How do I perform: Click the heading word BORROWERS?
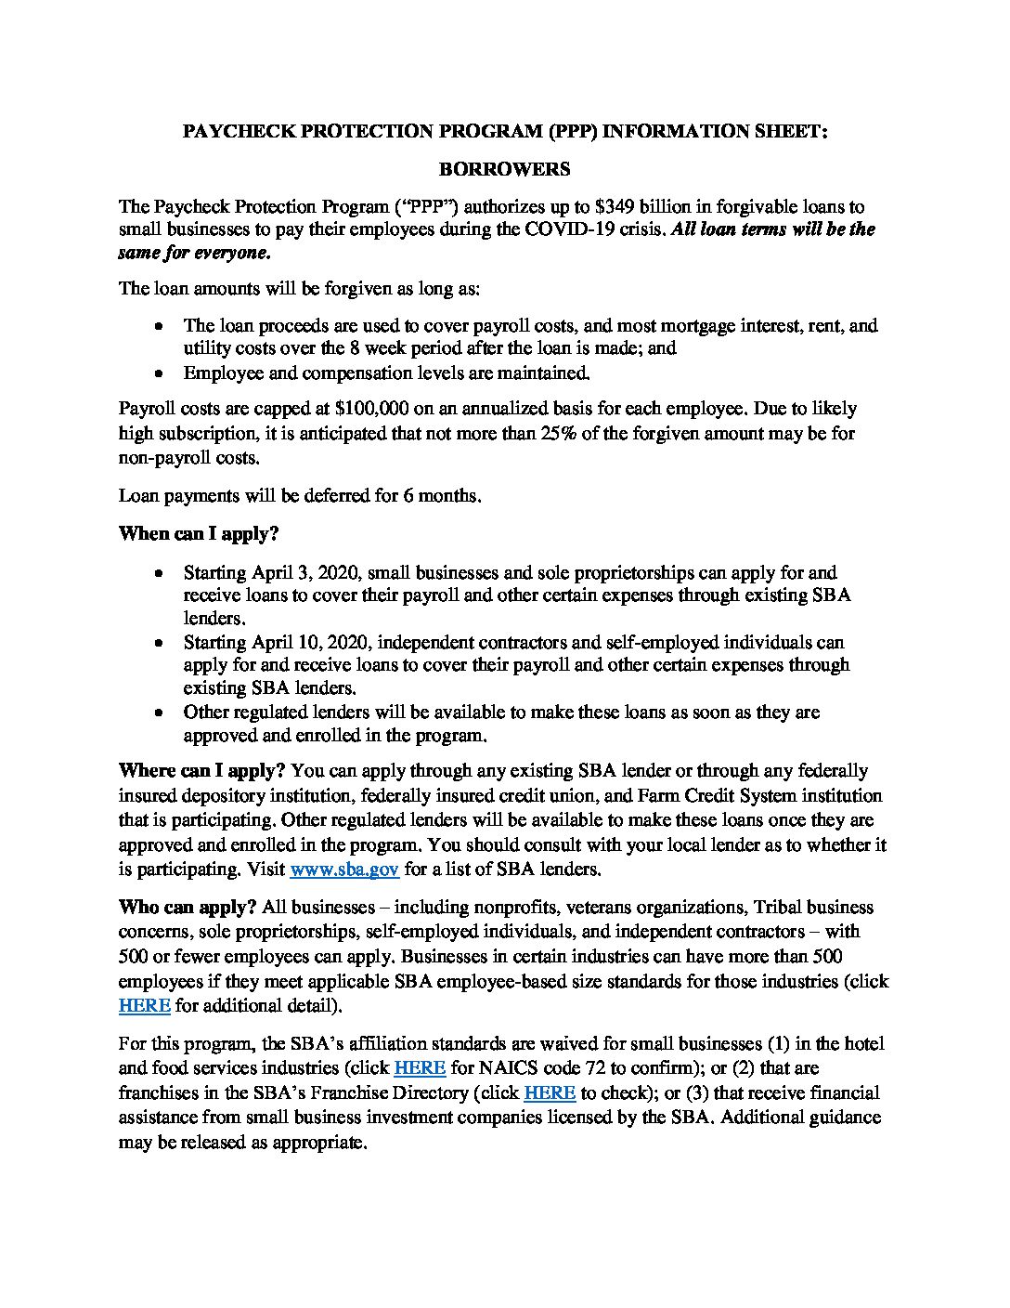(x=504, y=169)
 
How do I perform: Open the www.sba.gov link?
(x=344, y=870)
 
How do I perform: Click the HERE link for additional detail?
(x=144, y=1005)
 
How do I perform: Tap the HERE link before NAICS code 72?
(x=421, y=1068)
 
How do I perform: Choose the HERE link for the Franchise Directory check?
(x=550, y=1093)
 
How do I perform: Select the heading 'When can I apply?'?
(x=199, y=534)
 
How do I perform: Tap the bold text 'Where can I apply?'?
(x=202, y=770)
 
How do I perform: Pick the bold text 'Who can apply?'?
(x=188, y=907)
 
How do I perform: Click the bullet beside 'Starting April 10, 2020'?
(x=162, y=643)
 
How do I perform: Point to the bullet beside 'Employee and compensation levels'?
(x=162, y=374)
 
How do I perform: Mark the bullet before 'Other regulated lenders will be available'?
(x=162, y=713)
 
